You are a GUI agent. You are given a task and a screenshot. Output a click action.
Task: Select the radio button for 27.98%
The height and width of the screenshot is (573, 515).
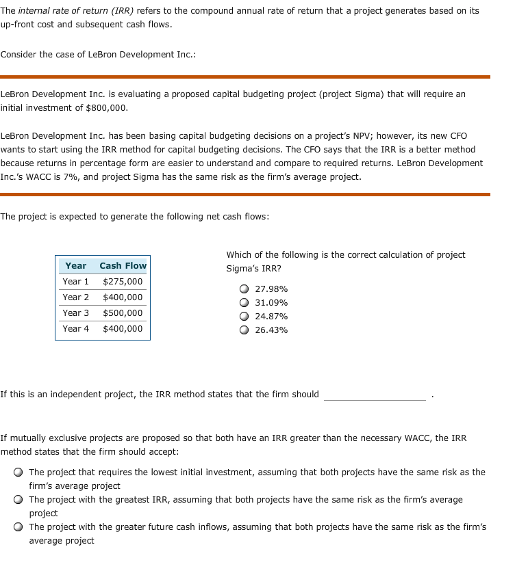pyautogui.click(x=244, y=289)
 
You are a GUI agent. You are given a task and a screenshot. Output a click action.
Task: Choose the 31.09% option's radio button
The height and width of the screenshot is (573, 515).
pyautogui.click(x=244, y=303)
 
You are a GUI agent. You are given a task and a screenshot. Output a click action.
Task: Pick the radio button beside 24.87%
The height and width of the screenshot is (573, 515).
pyautogui.click(x=244, y=317)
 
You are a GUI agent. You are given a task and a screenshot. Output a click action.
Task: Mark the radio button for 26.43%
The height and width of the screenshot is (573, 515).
pyautogui.click(x=244, y=330)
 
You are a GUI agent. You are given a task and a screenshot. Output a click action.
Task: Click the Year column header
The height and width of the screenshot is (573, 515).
pyautogui.click(x=76, y=265)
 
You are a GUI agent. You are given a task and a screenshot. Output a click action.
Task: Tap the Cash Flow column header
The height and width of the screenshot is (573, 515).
pyautogui.click(x=123, y=265)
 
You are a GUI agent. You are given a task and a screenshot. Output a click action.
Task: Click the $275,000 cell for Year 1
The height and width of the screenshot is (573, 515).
pyautogui.click(x=123, y=281)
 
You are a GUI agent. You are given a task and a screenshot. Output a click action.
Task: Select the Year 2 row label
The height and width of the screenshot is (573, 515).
pyautogui.click(x=76, y=297)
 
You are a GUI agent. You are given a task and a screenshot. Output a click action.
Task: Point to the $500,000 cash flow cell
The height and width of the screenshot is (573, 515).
pyautogui.click(x=123, y=312)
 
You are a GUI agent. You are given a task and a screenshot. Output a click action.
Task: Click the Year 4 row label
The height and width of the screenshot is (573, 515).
pyautogui.click(x=76, y=328)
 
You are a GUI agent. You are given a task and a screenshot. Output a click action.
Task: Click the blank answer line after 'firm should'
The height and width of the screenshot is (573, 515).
pyautogui.click(x=375, y=395)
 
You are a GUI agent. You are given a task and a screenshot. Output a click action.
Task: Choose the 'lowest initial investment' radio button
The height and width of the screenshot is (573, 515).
pyautogui.click(x=18, y=472)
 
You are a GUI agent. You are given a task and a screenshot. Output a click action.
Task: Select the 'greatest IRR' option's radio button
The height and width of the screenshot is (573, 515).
pyautogui.click(x=18, y=500)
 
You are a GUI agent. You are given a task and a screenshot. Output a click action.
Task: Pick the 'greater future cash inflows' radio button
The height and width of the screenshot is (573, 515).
pyautogui.click(x=18, y=527)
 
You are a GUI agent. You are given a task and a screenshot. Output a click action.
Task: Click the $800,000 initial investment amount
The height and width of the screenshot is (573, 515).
pyautogui.click(x=106, y=107)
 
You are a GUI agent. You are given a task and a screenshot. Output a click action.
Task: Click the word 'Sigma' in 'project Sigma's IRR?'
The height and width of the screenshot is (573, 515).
pyautogui.click(x=238, y=268)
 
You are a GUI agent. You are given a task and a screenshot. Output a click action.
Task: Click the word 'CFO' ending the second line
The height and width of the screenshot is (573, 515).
pyautogui.click(x=458, y=136)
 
